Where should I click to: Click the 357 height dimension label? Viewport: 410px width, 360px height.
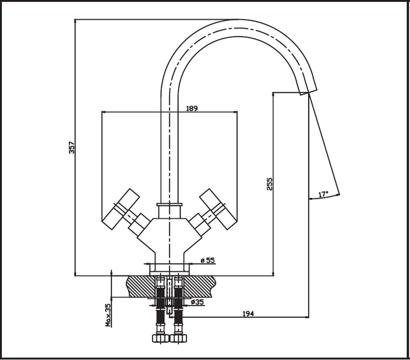(72, 147)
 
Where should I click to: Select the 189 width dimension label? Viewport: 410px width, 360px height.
(192, 108)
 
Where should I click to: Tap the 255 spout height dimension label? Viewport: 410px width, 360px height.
(269, 184)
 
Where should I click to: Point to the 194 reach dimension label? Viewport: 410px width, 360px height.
(248, 313)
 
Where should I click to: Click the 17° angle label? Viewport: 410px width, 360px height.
(324, 194)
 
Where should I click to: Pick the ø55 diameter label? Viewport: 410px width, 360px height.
(208, 260)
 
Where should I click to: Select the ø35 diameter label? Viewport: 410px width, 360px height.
(197, 302)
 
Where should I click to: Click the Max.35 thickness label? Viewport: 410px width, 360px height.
(108, 315)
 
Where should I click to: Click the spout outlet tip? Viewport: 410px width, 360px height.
(308, 92)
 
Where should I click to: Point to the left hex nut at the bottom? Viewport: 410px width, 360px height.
(161, 338)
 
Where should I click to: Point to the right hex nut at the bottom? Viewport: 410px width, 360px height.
(178, 338)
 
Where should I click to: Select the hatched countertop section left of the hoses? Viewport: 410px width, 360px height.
(141, 286)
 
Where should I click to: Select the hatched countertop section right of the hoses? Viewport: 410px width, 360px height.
(200, 286)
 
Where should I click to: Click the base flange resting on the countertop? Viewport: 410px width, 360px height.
(169, 269)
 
